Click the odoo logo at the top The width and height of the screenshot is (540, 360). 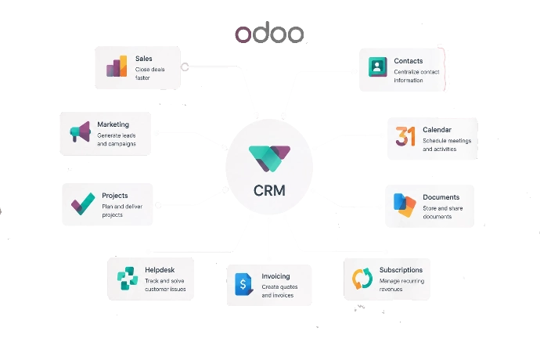[269, 34]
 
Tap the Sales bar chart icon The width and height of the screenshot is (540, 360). [117, 67]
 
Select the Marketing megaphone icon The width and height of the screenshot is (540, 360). [81, 131]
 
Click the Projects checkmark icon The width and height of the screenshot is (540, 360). [83, 203]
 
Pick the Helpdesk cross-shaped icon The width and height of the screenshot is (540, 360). [128, 279]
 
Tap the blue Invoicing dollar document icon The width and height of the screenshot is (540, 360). [244, 284]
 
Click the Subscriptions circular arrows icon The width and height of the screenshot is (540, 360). [362, 279]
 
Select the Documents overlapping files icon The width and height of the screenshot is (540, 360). [405, 205]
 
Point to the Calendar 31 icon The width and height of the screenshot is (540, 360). [405, 136]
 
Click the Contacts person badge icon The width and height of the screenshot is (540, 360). [377, 67]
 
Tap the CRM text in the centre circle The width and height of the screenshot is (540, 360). [269, 190]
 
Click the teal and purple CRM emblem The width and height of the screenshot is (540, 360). [269, 159]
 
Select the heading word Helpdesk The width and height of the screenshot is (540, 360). [160, 270]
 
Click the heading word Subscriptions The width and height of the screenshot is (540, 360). [401, 270]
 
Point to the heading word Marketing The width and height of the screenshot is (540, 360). [113, 124]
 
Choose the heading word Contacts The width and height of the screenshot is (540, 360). [408, 61]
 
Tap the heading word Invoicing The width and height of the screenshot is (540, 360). [275, 276]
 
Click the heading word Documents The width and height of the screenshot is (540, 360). [441, 197]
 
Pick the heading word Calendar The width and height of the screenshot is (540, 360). [437, 130]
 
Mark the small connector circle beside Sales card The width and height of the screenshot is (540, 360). [185, 67]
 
